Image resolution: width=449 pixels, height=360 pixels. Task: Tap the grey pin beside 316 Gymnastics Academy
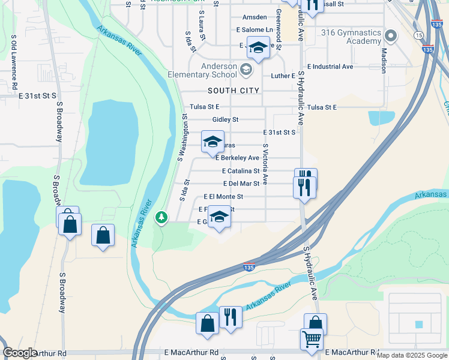click(x=391, y=37)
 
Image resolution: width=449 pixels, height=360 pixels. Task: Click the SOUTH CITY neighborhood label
click(x=234, y=91)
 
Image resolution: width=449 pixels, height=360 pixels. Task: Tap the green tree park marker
click(x=161, y=217)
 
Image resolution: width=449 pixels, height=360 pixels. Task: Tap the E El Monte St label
click(x=223, y=196)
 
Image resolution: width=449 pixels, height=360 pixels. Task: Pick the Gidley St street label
click(x=229, y=119)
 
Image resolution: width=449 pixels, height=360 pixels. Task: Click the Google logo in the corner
click(x=20, y=353)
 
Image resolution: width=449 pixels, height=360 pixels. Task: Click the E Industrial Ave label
click(x=330, y=67)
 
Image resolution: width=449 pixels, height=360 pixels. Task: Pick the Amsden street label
click(x=255, y=17)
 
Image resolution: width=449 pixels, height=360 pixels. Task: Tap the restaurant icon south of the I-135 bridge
click(x=231, y=317)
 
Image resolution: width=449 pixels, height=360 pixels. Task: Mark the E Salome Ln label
click(x=255, y=29)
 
